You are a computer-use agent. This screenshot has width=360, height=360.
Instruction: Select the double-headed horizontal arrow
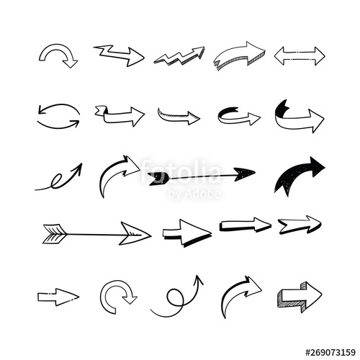click(299, 55)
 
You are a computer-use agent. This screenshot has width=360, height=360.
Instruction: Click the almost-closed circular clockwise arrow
click(117, 295)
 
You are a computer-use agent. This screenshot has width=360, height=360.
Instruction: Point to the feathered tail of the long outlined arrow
click(54, 232)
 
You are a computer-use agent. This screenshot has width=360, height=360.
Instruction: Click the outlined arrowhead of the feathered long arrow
click(135, 233)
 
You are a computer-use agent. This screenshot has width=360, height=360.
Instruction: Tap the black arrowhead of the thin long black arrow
click(244, 173)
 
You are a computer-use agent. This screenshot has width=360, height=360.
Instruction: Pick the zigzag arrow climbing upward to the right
click(179, 55)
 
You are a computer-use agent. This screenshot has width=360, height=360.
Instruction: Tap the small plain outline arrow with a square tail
click(58, 295)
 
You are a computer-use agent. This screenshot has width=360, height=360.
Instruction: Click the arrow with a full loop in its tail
click(177, 297)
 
